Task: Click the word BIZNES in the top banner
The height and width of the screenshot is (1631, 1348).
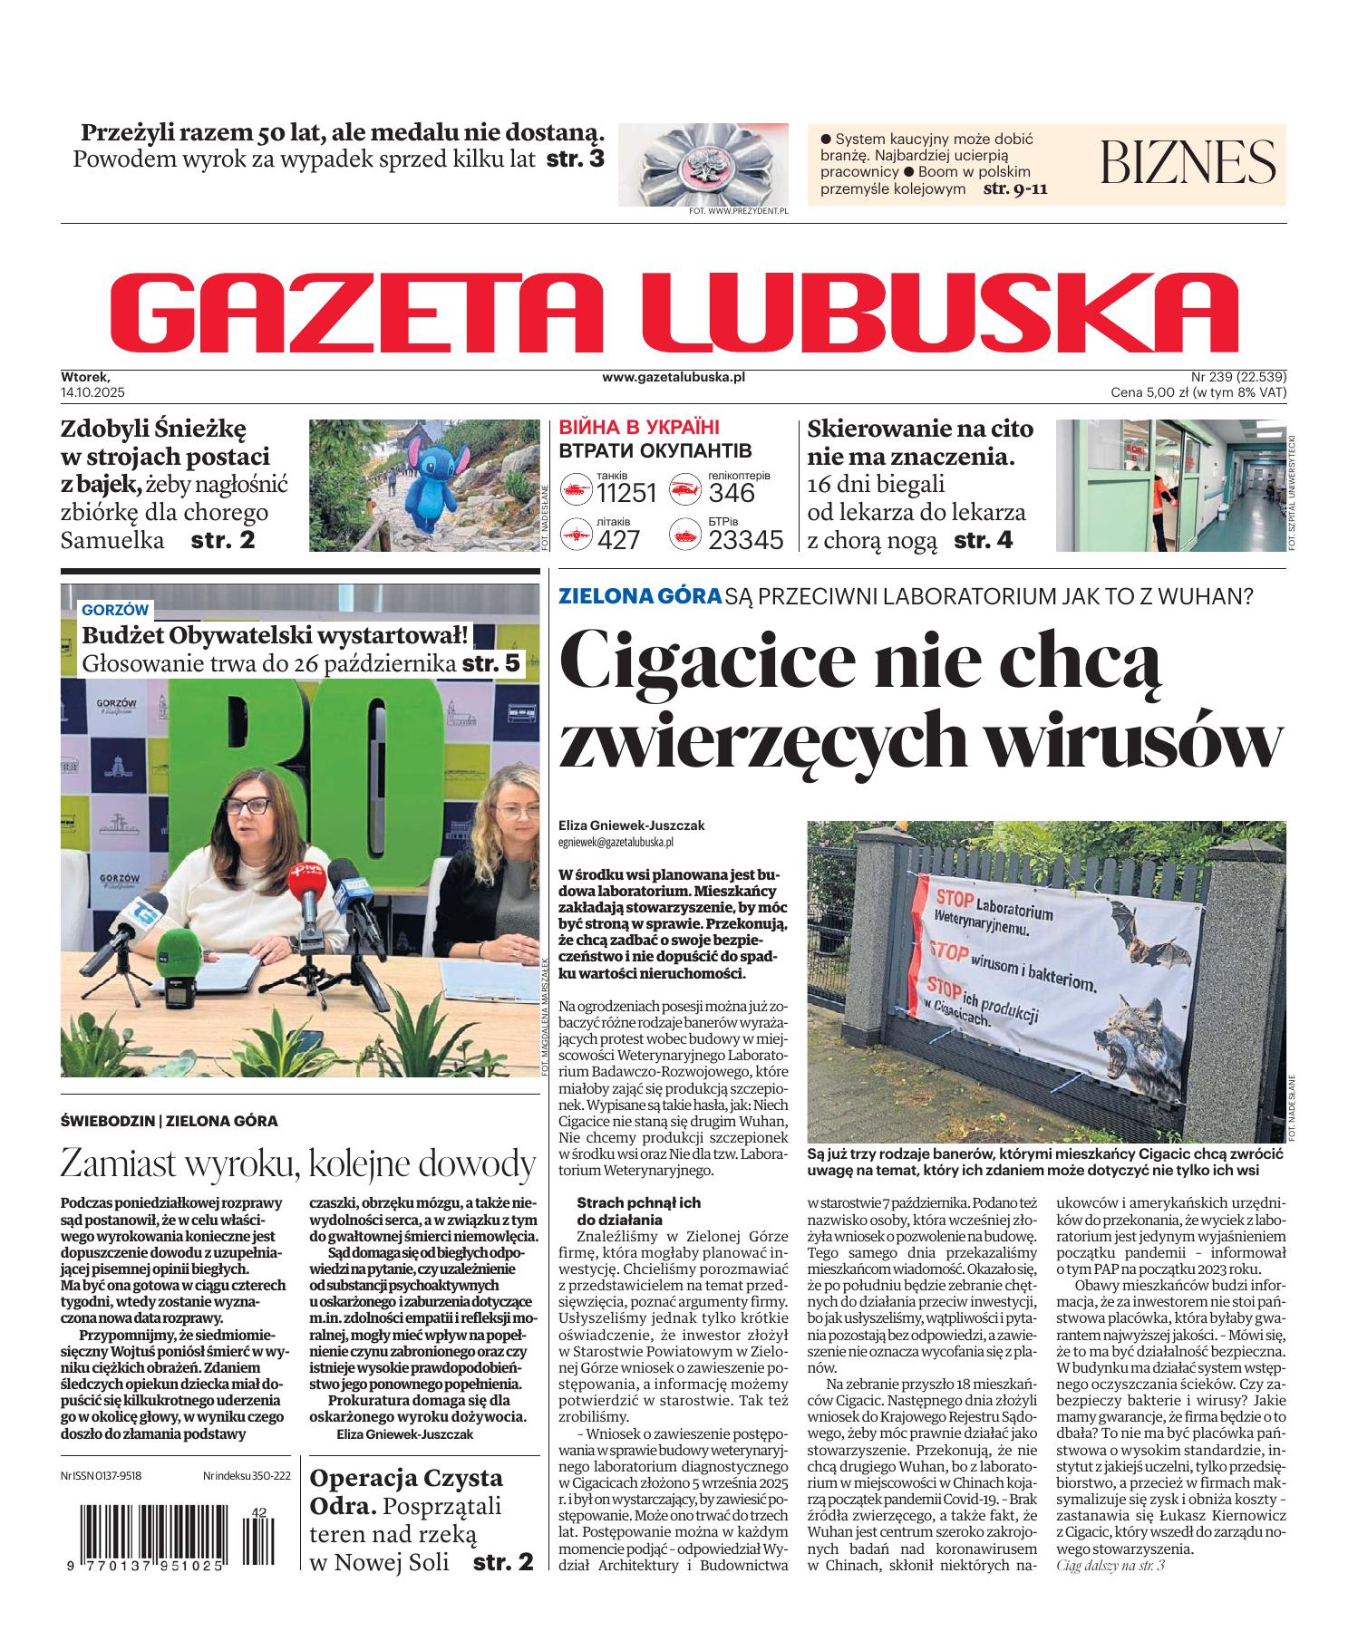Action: [1188, 162]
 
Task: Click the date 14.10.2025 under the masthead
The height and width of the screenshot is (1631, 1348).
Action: [92, 392]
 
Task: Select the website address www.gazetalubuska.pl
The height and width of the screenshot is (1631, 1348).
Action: [673, 377]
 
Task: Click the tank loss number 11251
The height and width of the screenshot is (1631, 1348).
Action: [626, 493]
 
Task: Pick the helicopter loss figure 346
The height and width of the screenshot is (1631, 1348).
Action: [732, 493]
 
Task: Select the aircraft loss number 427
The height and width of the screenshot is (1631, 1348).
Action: [618, 540]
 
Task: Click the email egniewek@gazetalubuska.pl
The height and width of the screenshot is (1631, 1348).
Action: [616, 842]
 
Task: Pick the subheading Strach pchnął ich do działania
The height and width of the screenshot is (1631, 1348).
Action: [638, 1211]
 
